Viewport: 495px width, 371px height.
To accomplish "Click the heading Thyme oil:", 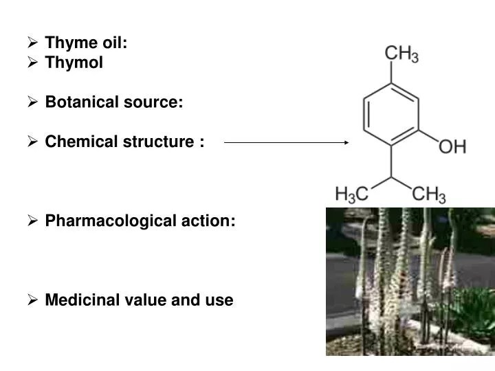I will click(x=87, y=43).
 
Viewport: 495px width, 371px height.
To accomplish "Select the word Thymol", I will click(x=74, y=63).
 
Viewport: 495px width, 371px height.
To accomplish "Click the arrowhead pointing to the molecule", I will click(x=346, y=142).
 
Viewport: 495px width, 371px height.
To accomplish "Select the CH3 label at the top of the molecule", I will click(x=401, y=54).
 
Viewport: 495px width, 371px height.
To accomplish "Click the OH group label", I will click(x=452, y=146).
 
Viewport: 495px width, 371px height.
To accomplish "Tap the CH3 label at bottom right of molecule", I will click(x=428, y=194).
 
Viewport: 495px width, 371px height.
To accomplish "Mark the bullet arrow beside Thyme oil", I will click(x=32, y=43).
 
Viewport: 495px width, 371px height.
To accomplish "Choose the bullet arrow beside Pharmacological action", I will click(x=32, y=221).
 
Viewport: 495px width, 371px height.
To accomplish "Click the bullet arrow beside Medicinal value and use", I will click(x=32, y=300).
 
